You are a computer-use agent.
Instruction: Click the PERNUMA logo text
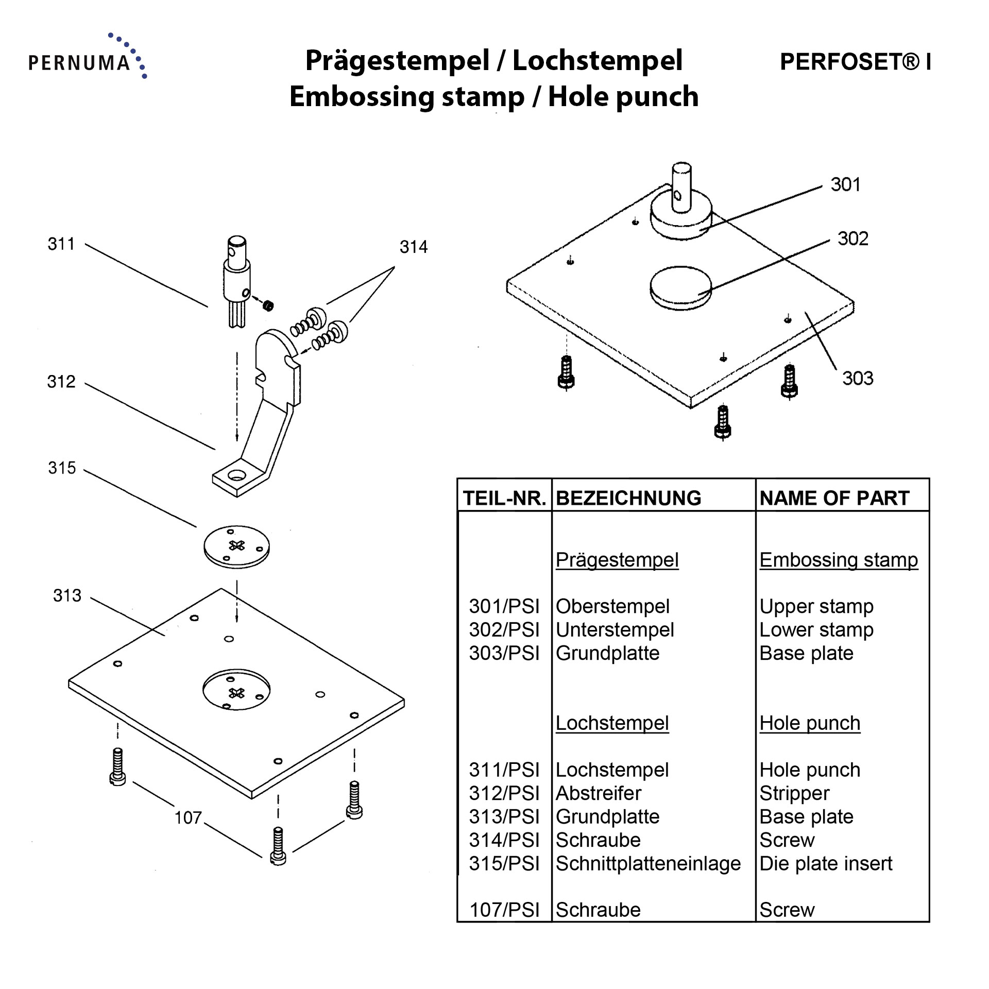click(79, 63)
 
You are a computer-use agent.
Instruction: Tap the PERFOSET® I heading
click(855, 62)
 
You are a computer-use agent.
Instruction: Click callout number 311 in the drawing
click(61, 244)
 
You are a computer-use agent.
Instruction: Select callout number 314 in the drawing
click(413, 247)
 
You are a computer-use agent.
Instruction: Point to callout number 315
click(62, 468)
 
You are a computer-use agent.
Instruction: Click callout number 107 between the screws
click(188, 817)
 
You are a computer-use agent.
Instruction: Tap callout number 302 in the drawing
click(852, 238)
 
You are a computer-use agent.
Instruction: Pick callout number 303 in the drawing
click(858, 378)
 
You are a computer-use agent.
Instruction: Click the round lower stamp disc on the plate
click(680, 287)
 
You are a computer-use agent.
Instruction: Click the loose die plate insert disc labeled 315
click(236, 546)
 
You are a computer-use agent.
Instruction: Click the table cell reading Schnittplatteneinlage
click(648, 863)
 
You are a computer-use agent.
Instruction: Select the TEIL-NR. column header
click(504, 498)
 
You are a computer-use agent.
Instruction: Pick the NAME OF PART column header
click(834, 498)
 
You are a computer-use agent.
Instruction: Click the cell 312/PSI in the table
click(504, 793)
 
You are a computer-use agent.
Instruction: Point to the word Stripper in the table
click(794, 793)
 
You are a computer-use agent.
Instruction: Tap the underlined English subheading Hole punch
click(810, 723)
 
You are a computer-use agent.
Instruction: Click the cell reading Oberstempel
click(612, 606)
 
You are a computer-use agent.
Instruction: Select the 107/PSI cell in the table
click(504, 910)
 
